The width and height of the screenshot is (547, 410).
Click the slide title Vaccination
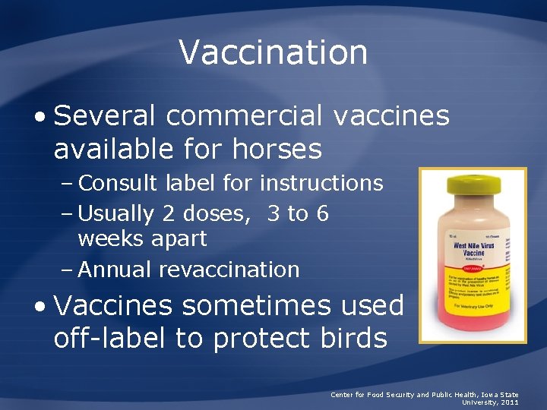point(273,52)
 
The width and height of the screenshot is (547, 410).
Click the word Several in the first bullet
point(106,116)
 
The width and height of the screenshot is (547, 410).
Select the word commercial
point(249,116)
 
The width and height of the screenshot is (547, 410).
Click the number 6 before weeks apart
point(322,214)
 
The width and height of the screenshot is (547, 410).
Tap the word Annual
point(113,270)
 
